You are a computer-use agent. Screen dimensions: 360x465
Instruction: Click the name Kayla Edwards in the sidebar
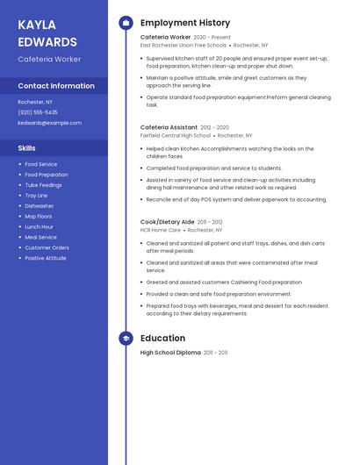[x=47, y=32]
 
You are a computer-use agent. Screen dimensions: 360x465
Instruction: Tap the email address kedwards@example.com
[x=49, y=123]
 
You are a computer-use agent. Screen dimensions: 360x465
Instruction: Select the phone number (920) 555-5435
[x=38, y=112]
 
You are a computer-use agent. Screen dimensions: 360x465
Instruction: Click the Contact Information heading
[x=56, y=86]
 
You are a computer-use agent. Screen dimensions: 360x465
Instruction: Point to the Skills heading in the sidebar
[x=27, y=148]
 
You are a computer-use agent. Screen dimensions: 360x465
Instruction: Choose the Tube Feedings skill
[x=43, y=185]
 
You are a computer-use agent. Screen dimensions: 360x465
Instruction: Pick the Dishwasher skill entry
[x=40, y=206]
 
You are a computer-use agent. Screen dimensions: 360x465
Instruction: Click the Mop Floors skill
[x=39, y=217]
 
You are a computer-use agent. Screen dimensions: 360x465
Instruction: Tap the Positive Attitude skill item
[x=46, y=258]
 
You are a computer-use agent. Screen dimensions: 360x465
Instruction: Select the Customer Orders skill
[x=47, y=247]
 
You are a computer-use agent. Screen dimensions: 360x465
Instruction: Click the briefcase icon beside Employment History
[x=126, y=23]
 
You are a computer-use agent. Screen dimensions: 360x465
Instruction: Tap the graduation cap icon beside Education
[x=126, y=338]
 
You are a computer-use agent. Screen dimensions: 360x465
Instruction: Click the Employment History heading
[x=185, y=23]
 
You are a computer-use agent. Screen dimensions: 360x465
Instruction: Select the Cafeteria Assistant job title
[x=169, y=127]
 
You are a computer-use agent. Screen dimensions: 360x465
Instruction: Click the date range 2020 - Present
[x=212, y=38]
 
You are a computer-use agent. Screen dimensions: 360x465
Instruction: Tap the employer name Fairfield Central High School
[x=176, y=136]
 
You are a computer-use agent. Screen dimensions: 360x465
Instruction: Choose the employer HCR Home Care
[x=161, y=230]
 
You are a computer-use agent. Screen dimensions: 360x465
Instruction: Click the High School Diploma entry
[x=170, y=353]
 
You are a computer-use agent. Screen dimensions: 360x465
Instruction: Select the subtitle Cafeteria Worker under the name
[x=49, y=59]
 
